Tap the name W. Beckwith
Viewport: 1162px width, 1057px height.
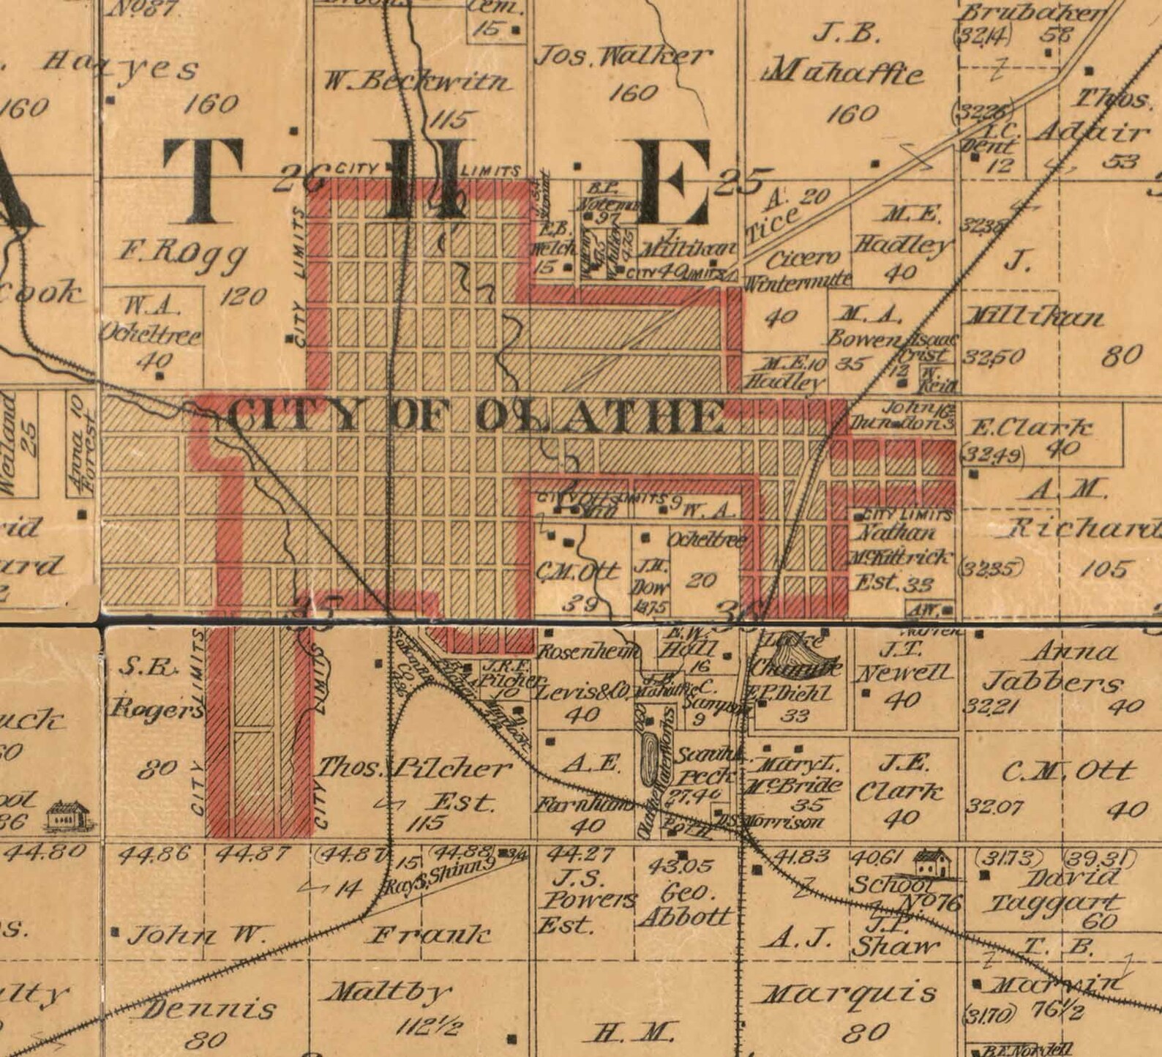(419, 82)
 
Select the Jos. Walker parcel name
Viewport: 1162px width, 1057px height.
(623, 56)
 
